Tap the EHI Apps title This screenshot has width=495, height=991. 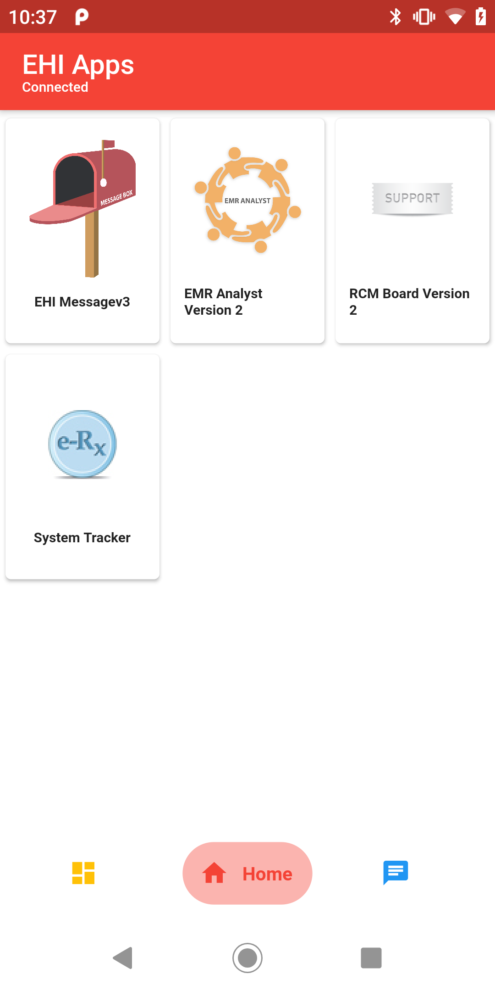tap(78, 65)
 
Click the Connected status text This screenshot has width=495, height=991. tap(55, 87)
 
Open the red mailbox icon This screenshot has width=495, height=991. tap(82, 208)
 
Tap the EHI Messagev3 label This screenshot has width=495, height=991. tap(82, 302)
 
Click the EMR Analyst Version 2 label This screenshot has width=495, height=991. tap(223, 302)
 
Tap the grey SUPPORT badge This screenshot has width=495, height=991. tap(412, 199)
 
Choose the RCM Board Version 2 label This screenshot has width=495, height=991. tap(409, 302)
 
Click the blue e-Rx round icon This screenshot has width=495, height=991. tap(82, 444)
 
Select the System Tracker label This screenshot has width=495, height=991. tap(82, 538)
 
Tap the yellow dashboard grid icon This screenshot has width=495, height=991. tap(83, 873)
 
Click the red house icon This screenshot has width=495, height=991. tap(214, 873)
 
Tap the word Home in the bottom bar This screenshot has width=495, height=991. tap(267, 874)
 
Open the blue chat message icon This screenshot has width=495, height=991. tap(396, 872)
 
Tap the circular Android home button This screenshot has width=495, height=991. tap(247, 958)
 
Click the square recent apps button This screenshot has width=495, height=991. tap(371, 958)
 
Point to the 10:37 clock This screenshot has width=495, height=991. tap(33, 17)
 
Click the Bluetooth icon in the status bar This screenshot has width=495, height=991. tap(395, 17)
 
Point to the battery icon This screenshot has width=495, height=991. tap(481, 17)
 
